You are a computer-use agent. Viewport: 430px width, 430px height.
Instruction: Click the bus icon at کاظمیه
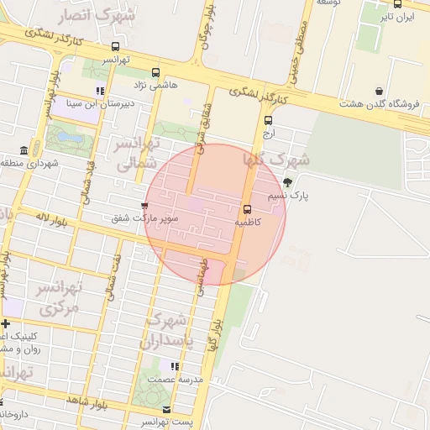(247, 210)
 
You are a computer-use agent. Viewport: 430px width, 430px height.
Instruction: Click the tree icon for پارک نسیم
(288, 182)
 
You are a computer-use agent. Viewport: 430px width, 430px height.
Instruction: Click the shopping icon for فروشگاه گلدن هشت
(380, 91)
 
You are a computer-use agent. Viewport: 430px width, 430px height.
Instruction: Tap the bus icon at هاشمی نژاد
(155, 73)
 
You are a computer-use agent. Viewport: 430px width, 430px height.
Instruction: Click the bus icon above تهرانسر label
(115, 47)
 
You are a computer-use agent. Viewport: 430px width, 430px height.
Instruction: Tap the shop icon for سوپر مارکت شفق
(145, 205)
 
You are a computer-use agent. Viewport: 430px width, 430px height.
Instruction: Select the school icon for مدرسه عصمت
(175, 366)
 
